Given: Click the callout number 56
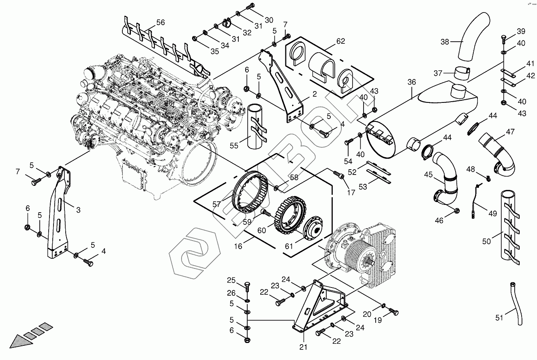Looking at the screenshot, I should [160, 23].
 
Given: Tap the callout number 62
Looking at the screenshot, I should [340, 41].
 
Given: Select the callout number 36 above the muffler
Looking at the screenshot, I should [412, 82].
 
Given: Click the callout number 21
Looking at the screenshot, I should [304, 347].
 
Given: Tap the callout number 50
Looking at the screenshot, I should [486, 241].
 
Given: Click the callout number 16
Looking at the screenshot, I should [238, 246].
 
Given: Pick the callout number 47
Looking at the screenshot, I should [510, 132].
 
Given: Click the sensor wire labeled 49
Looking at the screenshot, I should [478, 198].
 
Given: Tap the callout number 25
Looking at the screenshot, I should [231, 281].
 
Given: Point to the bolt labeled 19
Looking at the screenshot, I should [393, 312].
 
